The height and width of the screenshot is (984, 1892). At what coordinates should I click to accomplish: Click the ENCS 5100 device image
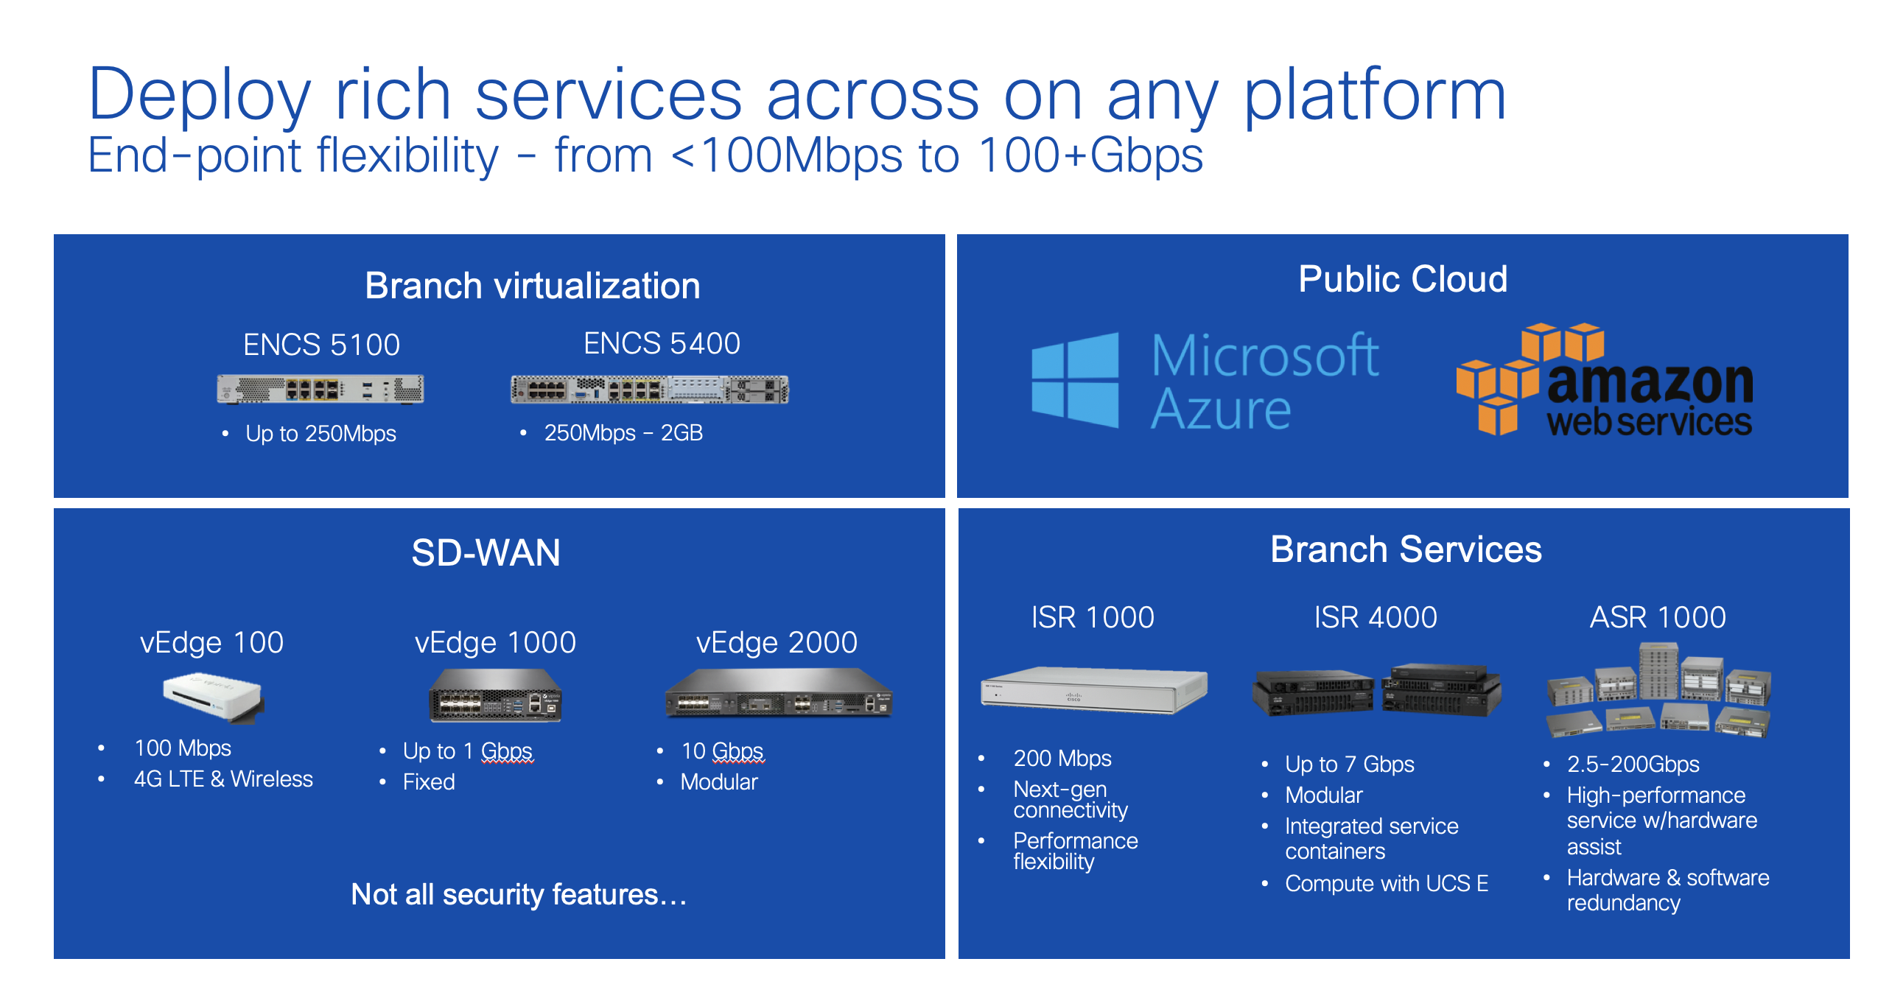tap(320, 389)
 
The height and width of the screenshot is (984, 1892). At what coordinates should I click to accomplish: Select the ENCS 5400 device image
tap(650, 389)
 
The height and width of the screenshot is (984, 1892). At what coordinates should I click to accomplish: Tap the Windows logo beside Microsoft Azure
tap(1075, 380)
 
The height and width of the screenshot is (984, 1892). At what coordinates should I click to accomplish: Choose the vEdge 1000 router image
tap(495, 695)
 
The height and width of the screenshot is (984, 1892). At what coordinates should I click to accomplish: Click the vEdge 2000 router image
tap(779, 692)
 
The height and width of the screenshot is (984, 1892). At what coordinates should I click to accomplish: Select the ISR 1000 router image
tap(1094, 689)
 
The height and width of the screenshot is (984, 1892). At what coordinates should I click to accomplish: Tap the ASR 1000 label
tap(1658, 617)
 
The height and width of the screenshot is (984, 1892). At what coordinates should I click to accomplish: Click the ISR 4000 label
tap(1376, 617)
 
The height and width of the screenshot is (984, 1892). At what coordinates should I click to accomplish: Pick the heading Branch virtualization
tap(533, 286)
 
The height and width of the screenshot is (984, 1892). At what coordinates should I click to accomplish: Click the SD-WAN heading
tap(486, 552)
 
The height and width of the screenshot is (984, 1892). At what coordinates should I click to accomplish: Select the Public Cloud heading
tap(1403, 279)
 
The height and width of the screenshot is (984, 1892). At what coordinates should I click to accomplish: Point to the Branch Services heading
tap(1406, 549)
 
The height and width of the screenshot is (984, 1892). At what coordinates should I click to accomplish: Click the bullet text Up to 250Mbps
tap(320, 434)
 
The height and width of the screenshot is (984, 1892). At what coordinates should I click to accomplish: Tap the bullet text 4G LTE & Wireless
tap(223, 779)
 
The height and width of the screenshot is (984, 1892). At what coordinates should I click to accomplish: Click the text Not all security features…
tap(519, 894)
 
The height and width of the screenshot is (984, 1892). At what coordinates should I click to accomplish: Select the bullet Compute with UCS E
tap(1387, 883)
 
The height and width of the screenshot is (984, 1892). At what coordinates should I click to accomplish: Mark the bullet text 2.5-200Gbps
tap(1633, 765)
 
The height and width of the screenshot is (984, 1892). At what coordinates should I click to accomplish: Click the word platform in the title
tap(1375, 96)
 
